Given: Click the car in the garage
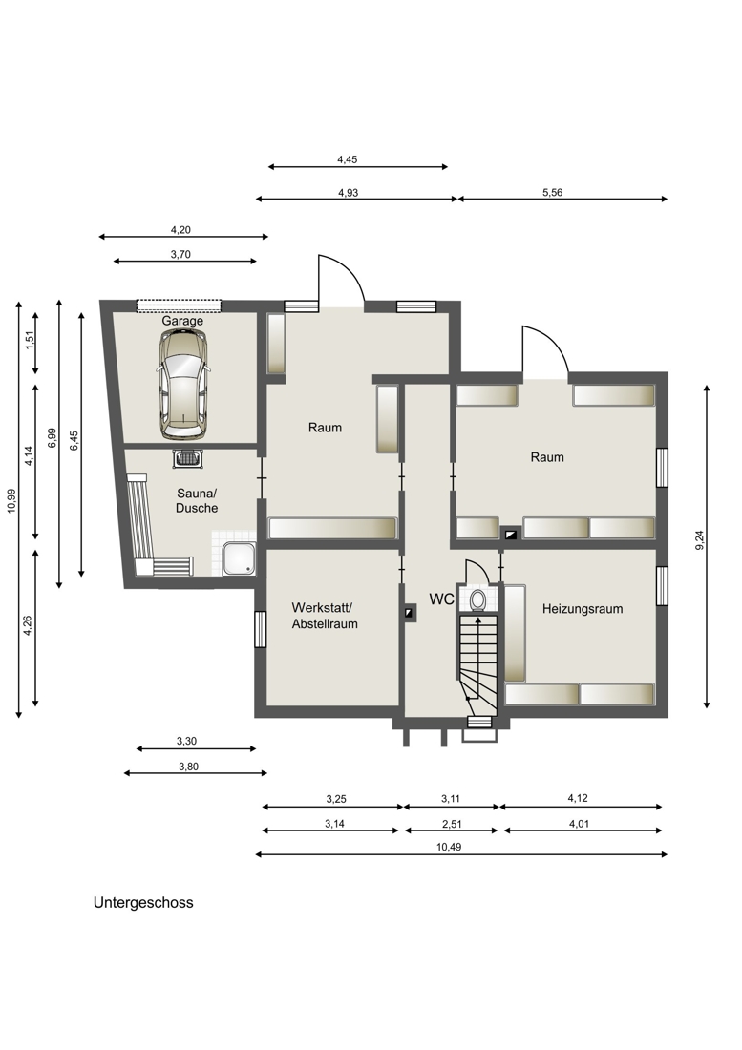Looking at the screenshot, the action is point(182,385).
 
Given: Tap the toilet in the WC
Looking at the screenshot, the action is point(478,599).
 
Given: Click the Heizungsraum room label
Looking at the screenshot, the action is point(582,609).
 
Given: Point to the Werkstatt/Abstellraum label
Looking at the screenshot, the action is point(324,616).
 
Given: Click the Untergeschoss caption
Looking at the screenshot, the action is point(143,902).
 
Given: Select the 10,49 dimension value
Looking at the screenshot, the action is point(449,847).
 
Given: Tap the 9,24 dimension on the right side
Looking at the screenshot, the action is point(700,539).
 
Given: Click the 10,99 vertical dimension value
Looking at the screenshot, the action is point(11,500).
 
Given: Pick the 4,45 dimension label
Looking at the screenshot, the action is point(347,159).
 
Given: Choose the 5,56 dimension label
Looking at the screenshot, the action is point(553,192).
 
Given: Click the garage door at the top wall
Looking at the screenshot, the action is point(179,306).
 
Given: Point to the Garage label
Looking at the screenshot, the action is point(182,321).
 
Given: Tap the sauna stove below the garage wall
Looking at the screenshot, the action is point(187,459).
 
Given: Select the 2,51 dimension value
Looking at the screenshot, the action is point(452,824).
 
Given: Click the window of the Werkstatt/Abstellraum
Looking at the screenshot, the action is point(261,629).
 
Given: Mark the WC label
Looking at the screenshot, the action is point(441,599).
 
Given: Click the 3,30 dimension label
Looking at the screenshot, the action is point(187,741).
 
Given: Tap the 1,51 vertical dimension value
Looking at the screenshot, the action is point(29,340).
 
